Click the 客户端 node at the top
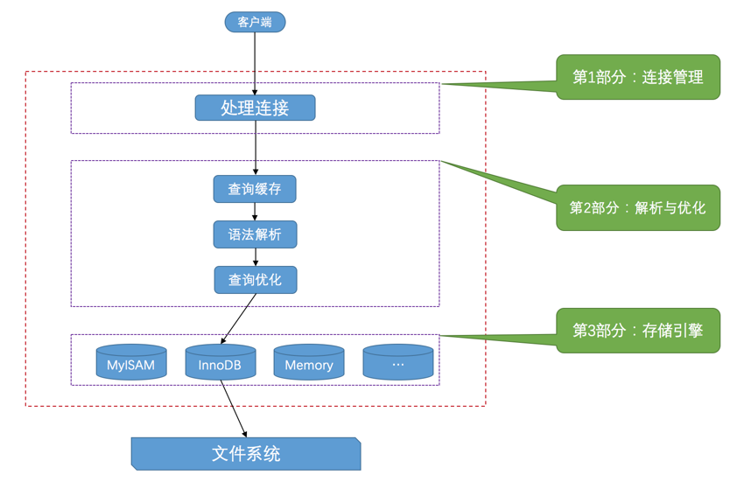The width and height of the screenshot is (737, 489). coord(255,22)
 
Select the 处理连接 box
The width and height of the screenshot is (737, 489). coord(255,108)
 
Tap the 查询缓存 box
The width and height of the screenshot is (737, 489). coord(255,189)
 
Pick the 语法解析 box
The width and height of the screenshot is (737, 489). coord(255,234)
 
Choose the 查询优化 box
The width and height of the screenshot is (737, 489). coord(255,280)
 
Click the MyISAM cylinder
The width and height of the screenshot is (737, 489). coord(131,363)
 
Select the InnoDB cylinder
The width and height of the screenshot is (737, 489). coord(221,363)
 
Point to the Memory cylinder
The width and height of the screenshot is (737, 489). coord(309,363)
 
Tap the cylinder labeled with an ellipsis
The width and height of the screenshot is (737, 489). coord(398,363)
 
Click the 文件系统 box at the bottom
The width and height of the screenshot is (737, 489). coord(246,454)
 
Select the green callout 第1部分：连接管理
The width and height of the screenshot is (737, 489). coord(638,77)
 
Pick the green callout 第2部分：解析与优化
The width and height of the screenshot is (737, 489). coord(638,208)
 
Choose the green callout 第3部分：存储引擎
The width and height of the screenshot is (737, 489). coord(638,331)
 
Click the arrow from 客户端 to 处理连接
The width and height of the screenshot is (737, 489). coord(255,61)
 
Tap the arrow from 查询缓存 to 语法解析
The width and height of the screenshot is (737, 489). coord(255,212)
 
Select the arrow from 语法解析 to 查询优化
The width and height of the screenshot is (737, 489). coord(255,257)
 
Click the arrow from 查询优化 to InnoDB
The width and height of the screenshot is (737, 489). coord(239,318)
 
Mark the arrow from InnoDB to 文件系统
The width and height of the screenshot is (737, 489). coord(234,408)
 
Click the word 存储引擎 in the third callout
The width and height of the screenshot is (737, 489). coord(672,331)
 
